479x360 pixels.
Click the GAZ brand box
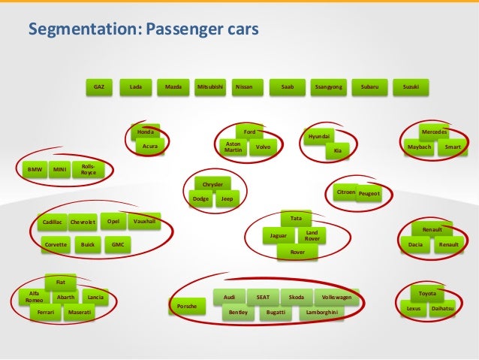tap(98, 87)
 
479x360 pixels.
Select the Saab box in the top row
tap(288, 87)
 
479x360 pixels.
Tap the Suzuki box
tap(411, 87)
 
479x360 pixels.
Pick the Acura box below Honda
tap(150, 147)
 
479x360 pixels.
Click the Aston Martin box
tap(233, 147)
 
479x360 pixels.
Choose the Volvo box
tap(263, 147)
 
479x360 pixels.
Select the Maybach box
tap(419, 147)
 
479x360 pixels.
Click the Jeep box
tap(227, 199)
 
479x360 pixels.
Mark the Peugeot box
tap(369, 194)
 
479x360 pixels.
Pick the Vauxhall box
tap(144, 222)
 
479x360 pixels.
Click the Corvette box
tap(56, 245)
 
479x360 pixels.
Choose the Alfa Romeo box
tap(34, 297)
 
